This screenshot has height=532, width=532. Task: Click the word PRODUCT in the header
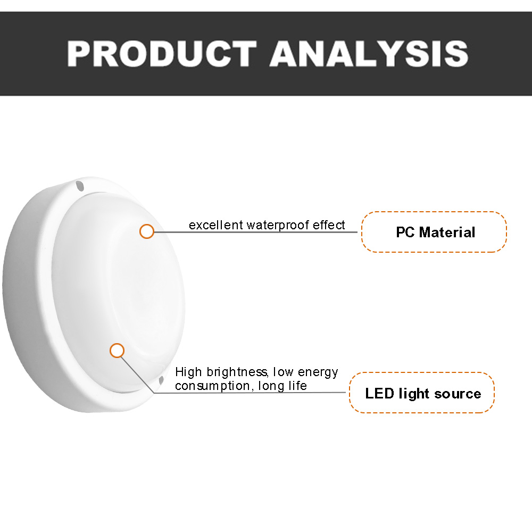tap(162, 54)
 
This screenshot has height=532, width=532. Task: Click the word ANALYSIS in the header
tap(369, 54)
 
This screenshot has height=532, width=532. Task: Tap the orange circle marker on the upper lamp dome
tap(147, 231)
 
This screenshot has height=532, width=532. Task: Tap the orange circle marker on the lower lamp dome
tap(117, 351)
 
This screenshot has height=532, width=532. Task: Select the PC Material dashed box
tap(434, 232)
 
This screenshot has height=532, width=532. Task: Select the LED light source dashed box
tap(422, 393)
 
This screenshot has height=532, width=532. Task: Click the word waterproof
tap(278, 226)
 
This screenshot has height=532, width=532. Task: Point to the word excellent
tap(216, 225)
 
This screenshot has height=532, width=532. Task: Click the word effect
tap(329, 225)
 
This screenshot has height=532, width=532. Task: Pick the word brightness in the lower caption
tap(237, 372)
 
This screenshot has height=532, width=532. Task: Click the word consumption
tap(213, 386)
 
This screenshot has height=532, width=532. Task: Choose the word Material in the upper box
tap(447, 232)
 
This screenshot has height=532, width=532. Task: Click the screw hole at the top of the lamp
tap(80, 186)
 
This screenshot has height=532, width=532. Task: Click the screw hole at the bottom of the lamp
tap(161, 380)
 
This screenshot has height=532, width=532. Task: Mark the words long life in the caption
tap(282, 386)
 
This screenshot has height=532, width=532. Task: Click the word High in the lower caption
tap(189, 372)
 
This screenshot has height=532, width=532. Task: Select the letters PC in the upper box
tap(405, 232)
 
